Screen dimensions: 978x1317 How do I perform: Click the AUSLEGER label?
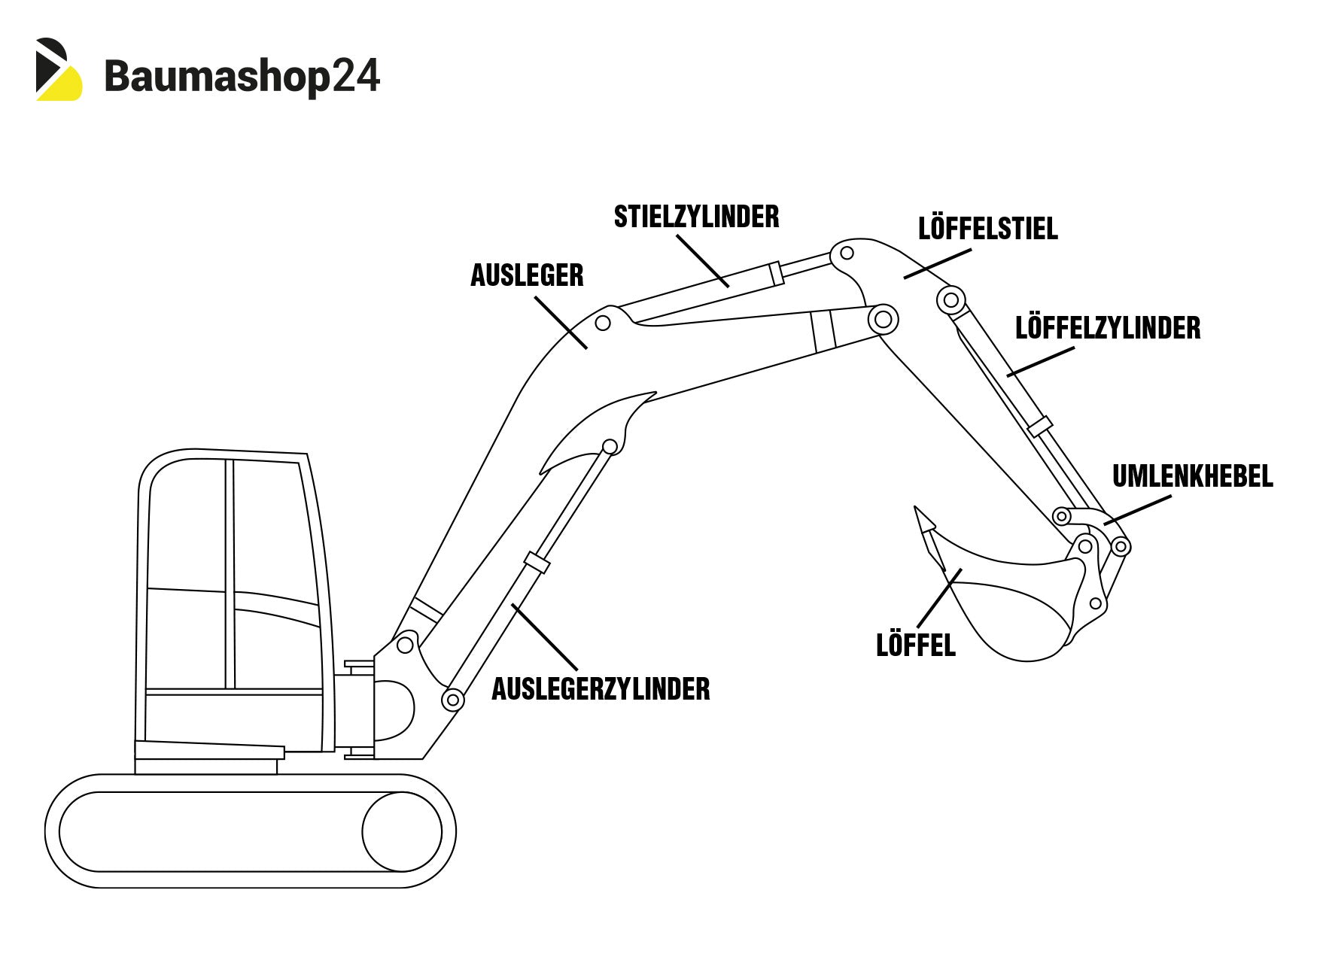tap(527, 275)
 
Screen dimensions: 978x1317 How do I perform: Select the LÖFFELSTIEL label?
tap(987, 229)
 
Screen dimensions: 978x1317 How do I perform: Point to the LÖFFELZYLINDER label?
tap(1107, 328)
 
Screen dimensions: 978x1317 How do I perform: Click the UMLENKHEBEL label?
tap(1192, 476)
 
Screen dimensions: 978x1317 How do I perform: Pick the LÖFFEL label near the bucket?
tap(915, 645)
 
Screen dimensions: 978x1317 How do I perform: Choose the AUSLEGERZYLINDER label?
tap(601, 689)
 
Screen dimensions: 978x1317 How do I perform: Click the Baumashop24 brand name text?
tap(242, 77)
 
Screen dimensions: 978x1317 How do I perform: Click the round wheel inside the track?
tap(401, 831)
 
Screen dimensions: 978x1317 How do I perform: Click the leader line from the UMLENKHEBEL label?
tap(1138, 509)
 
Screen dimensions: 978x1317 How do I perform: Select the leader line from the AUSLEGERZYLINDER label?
tap(544, 636)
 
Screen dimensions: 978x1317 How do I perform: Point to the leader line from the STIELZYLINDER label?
tap(703, 260)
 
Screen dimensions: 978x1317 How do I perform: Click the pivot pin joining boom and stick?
tap(883, 320)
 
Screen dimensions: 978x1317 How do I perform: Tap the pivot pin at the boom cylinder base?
tap(452, 700)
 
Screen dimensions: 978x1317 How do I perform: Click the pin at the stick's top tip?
tap(846, 254)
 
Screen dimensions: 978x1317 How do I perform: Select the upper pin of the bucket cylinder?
tap(950, 300)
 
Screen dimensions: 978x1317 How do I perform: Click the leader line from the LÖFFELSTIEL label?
tap(938, 264)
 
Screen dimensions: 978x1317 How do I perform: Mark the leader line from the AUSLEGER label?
tap(561, 323)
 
